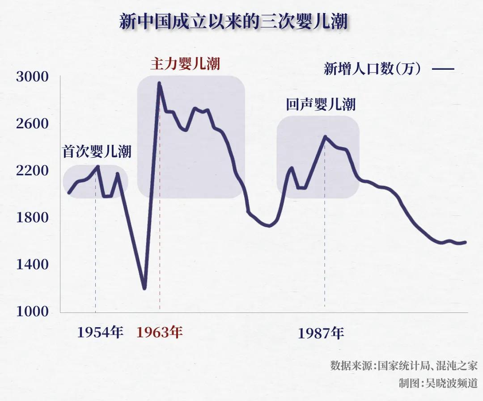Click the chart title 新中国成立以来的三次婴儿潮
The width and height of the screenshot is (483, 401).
pyautogui.click(x=233, y=21)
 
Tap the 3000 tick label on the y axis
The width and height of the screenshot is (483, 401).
pyautogui.click(x=32, y=77)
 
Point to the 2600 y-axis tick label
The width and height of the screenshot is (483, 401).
pyautogui.click(x=32, y=124)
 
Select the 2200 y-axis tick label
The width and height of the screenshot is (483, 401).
pyautogui.click(x=32, y=171)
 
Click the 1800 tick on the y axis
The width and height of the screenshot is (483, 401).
pyautogui.click(x=32, y=218)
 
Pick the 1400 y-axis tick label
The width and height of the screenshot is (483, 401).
pyautogui.click(x=32, y=265)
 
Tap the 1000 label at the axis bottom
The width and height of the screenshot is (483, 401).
pyautogui.click(x=32, y=312)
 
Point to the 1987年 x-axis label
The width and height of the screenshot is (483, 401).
pyautogui.click(x=321, y=333)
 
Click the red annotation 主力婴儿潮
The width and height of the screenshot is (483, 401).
pyautogui.click(x=185, y=63)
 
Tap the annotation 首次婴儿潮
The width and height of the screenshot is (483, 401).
pyautogui.click(x=97, y=152)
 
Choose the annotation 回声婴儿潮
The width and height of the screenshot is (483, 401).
pyautogui.click(x=321, y=105)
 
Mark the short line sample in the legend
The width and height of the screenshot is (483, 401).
pyautogui.click(x=443, y=69)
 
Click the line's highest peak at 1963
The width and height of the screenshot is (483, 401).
pyautogui.click(x=159, y=83)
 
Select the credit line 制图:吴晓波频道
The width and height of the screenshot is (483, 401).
pyautogui.click(x=438, y=383)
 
